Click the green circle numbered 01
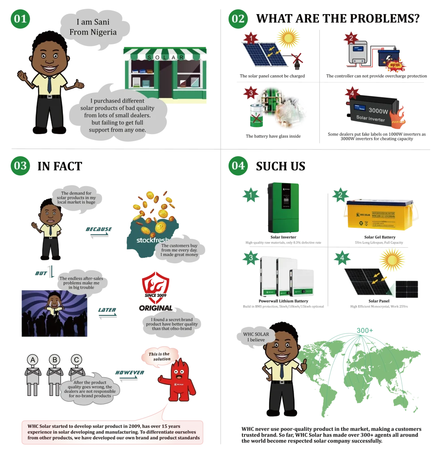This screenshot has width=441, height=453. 20,19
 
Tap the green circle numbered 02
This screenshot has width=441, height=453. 238,19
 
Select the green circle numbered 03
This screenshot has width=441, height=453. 20,166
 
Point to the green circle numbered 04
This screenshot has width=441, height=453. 238,166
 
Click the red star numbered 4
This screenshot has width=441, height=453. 352,94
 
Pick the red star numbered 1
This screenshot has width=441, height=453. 251,38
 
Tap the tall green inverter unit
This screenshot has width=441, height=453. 283,207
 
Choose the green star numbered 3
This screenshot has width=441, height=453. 251,258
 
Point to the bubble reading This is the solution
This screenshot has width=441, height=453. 160,356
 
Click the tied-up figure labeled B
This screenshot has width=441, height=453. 54,376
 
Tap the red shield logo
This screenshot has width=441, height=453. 155,287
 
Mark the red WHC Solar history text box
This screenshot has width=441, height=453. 112,432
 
